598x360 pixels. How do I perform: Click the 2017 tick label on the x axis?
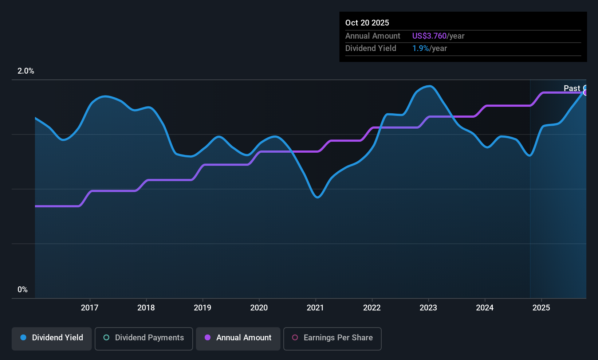90,308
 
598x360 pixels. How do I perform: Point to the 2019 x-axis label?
202,308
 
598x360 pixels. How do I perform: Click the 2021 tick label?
315,308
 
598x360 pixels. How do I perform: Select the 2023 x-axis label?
428,308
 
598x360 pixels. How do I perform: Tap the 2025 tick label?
541,308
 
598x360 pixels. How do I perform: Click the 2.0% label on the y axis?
26,71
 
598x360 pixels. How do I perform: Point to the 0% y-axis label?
23,290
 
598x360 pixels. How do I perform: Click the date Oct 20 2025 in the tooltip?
367,23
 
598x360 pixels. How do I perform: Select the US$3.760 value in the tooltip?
429,36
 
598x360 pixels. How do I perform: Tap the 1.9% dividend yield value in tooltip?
420,48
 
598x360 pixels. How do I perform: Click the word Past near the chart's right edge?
572,89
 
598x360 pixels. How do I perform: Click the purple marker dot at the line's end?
586,93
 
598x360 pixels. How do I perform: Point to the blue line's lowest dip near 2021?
318,197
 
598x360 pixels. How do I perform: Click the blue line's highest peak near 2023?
430,86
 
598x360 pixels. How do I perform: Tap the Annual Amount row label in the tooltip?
373,36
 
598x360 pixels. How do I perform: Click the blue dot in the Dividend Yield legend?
23,338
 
